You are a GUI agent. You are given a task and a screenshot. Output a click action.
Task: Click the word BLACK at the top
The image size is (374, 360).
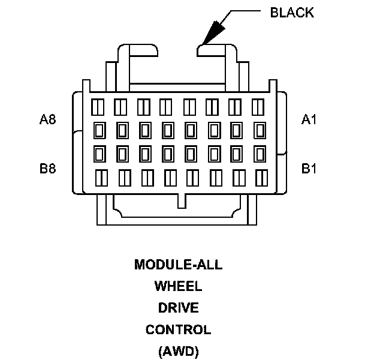tap(292, 13)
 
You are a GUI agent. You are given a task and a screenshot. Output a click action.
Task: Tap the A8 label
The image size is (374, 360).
tap(48, 120)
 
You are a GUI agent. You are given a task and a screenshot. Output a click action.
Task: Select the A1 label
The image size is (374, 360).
tap(309, 120)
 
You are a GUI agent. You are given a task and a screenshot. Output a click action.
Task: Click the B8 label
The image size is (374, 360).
tap(48, 169)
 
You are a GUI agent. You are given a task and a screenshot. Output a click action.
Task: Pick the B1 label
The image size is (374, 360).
tap(309, 169)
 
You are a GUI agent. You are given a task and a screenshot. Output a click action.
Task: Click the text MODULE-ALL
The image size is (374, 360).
tap(178, 265)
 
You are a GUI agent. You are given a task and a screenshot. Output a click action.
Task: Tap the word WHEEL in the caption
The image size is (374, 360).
tap(178, 286)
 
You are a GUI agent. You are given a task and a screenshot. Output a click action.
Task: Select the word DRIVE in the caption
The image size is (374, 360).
tap(178, 308)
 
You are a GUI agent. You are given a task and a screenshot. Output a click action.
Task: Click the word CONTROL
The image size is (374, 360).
tap(178, 329)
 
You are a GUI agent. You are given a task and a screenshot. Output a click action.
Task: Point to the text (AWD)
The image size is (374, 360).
tap(178, 351)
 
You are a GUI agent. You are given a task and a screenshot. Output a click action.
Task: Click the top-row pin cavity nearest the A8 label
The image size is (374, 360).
tap(96, 107)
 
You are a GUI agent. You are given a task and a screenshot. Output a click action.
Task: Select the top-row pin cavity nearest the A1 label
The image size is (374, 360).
tap(258, 107)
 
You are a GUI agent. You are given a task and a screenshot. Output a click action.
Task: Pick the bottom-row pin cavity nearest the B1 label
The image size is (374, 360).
tap(262, 178)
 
